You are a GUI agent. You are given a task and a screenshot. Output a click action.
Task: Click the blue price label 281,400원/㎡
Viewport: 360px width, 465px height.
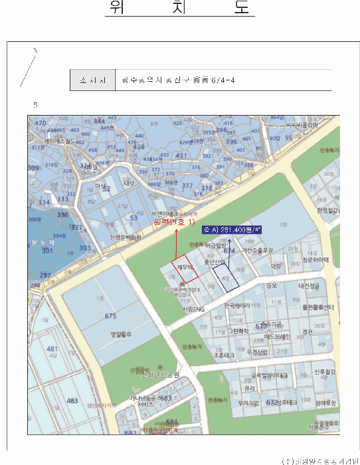232,230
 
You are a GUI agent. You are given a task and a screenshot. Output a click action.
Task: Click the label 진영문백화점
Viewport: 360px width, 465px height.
125,237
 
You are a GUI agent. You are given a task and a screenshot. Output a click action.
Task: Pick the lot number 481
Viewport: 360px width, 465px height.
52,349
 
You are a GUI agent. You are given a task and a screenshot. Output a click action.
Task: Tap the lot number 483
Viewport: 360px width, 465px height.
72,401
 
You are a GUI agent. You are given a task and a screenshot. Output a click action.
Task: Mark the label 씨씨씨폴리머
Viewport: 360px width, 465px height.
302,124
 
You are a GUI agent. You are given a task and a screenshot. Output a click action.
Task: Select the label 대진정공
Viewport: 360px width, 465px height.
310,286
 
